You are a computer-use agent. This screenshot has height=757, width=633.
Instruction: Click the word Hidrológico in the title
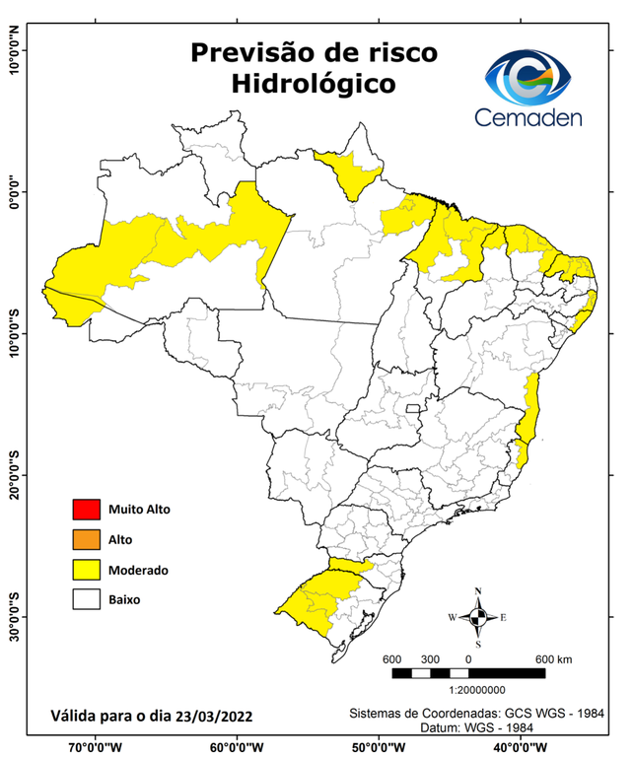(x=314, y=85)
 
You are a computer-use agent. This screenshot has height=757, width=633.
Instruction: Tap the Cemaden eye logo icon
(x=527, y=78)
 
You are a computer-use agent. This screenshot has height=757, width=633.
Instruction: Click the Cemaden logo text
(x=527, y=118)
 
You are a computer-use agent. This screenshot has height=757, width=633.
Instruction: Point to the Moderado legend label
(x=138, y=570)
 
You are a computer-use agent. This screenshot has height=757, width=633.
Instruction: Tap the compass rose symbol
(x=478, y=617)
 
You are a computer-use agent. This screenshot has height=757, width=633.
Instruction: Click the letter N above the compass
(x=478, y=592)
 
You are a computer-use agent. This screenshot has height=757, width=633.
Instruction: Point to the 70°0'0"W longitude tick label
(x=96, y=745)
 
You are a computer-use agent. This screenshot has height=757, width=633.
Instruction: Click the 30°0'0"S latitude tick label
(x=14, y=616)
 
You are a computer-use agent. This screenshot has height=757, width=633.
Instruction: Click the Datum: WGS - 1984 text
(x=480, y=727)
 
